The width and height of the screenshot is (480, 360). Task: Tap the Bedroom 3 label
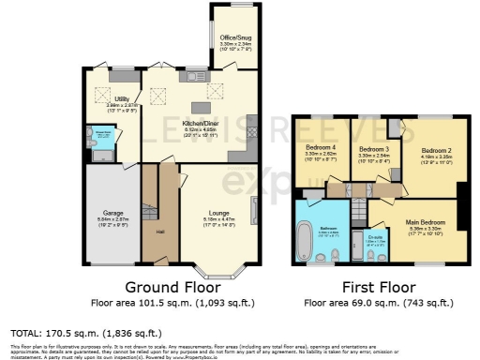click(x=374, y=149)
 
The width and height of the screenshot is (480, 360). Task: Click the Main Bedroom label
click(x=426, y=222)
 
